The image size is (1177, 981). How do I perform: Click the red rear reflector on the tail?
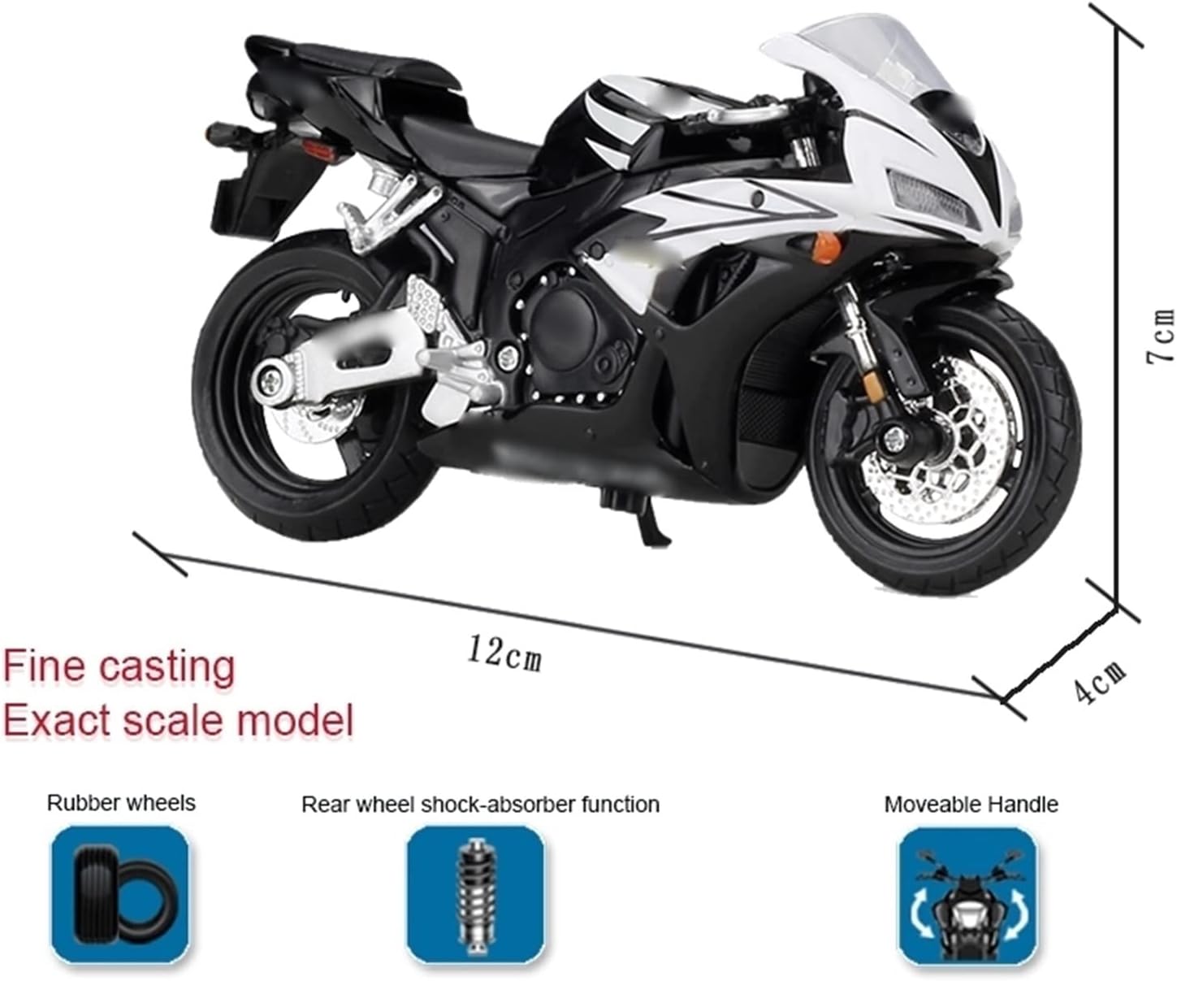point(270,149)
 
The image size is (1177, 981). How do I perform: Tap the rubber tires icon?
point(120,894)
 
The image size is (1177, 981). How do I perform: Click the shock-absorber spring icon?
point(475,894)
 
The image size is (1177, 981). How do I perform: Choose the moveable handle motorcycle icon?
point(967,894)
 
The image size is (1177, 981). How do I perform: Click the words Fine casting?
point(119,666)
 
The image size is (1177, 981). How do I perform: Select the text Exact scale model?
point(179,719)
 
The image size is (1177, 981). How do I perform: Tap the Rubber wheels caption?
point(121,803)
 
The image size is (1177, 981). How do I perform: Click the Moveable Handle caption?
point(971,805)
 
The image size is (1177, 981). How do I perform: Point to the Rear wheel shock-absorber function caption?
point(480,805)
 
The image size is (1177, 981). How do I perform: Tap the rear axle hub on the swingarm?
point(267,380)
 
